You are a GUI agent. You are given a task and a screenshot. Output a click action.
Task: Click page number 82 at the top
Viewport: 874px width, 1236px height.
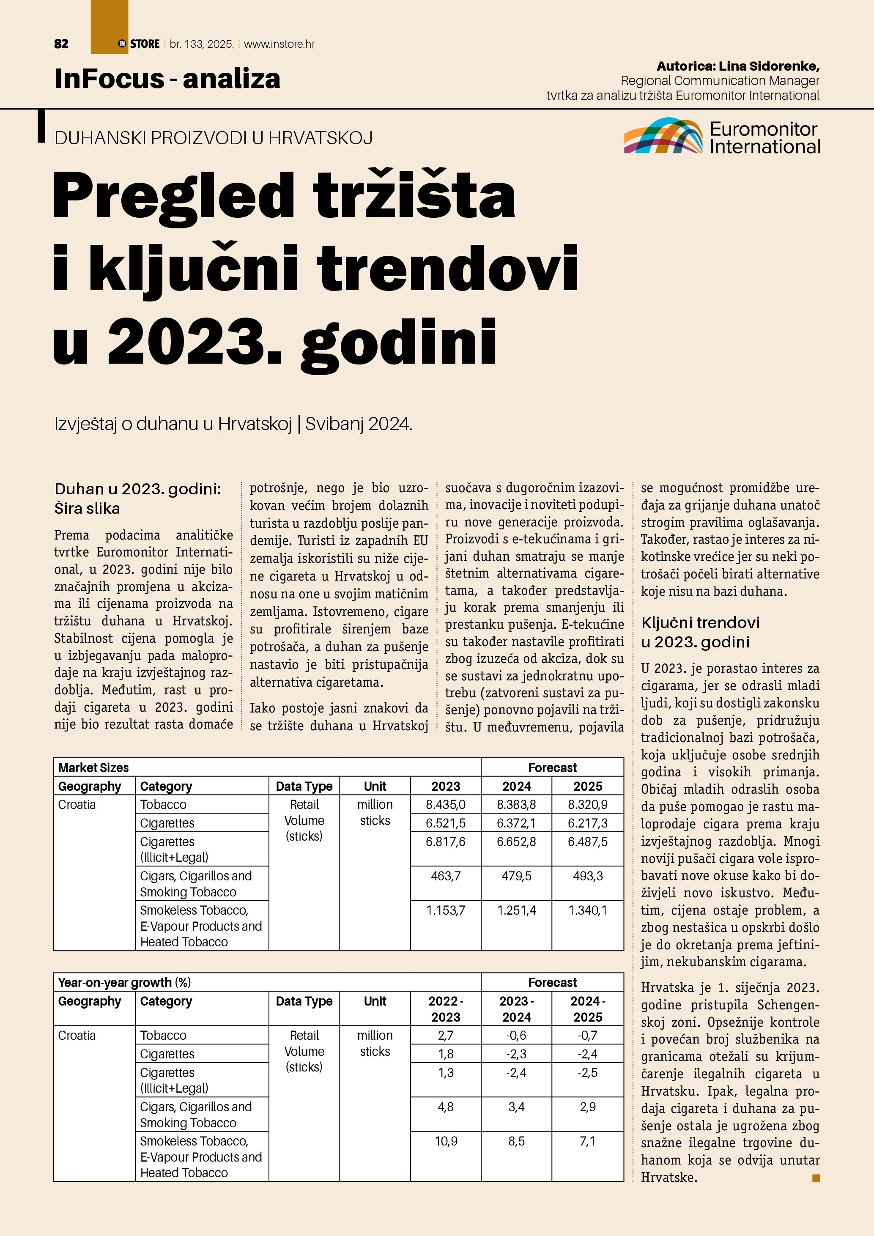[61, 44]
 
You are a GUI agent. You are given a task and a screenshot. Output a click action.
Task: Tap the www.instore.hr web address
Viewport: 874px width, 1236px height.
[279, 44]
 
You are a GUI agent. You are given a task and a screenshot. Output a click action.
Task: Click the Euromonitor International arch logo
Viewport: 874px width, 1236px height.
[663, 136]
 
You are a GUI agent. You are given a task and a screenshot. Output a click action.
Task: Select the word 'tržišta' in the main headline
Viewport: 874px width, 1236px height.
[414, 195]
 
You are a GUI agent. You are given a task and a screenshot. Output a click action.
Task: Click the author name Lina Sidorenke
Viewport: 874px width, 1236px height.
[769, 66]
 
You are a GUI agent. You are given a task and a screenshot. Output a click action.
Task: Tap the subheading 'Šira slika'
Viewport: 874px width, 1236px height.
[87, 508]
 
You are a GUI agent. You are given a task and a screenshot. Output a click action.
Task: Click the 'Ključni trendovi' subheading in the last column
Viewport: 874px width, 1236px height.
[700, 623]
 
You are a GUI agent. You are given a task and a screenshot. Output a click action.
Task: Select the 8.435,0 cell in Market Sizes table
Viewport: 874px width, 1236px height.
[446, 805]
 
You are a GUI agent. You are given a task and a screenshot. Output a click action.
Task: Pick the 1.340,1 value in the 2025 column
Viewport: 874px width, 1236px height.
[588, 910]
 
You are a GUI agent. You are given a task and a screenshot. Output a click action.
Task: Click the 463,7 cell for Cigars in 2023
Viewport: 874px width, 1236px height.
[446, 876]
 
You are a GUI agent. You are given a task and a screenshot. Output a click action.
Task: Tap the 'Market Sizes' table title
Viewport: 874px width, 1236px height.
[93, 767]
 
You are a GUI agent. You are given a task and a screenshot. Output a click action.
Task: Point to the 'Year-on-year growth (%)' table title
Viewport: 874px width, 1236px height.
[124, 982]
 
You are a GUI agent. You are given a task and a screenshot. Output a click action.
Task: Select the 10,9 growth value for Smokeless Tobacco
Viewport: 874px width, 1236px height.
[446, 1141]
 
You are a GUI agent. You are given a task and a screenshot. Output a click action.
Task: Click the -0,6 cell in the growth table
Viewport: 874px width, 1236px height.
[516, 1036]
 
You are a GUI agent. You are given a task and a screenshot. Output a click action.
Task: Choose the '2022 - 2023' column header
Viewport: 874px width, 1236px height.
[446, 1009]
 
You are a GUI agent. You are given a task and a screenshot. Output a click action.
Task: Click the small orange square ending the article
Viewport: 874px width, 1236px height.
[816, 1178]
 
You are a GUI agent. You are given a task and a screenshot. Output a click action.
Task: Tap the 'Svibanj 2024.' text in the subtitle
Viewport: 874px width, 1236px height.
[359, 424]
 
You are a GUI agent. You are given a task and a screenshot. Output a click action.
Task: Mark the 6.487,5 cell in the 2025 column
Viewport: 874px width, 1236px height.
[588, 841]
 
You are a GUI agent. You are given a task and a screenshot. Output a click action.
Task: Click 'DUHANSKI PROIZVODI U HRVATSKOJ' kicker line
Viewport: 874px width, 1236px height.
[214, 138]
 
